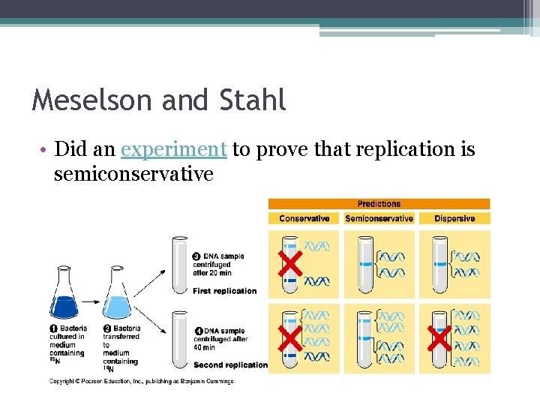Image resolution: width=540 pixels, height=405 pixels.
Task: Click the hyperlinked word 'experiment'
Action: click(173, 149)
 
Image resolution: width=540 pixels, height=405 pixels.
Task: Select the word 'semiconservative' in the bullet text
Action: click(133, 174)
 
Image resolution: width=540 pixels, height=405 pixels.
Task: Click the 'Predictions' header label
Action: click(379, 203)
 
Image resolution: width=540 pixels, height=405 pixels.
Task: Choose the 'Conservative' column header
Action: click(304, 218)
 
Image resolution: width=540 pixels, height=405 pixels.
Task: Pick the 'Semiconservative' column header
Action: click(379, 218)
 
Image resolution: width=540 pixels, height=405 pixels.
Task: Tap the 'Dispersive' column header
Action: click(454, 218)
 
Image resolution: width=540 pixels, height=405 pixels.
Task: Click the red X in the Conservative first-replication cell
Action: click(290, 264)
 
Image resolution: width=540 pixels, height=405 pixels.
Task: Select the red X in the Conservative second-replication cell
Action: click(290, 340)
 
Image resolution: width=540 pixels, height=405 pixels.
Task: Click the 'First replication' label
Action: click(224, 291)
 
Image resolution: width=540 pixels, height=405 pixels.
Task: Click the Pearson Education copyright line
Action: click(142, 381)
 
